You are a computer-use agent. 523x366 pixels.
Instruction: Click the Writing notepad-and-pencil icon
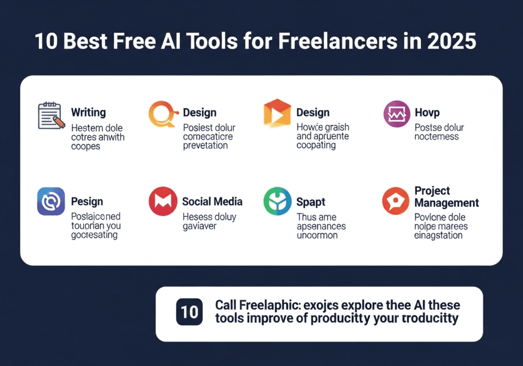coord(52,116)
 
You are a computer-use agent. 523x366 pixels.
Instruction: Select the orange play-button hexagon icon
coord(276,113)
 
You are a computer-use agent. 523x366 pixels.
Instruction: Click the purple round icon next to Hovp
coord(396,113)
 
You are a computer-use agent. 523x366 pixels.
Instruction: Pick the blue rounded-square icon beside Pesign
coord(51,201)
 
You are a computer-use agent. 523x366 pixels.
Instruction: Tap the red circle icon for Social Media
coord(162,201)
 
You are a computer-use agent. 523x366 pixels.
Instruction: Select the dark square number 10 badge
coord(189,312)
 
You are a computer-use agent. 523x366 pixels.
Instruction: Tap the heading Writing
coord(88,112)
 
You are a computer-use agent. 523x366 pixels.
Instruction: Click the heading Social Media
coord(212,202)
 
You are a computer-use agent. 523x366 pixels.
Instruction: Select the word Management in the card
coord(446,203)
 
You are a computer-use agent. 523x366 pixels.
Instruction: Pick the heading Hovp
coord(426,113)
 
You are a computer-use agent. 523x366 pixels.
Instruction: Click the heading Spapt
coord(311,202)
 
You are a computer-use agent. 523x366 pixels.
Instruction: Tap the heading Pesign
coord(87,202)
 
